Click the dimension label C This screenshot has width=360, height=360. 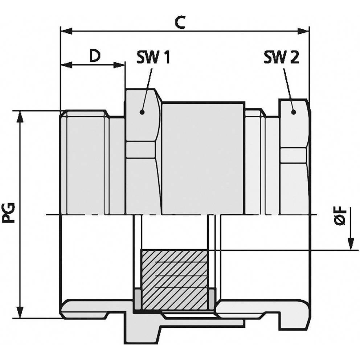(x=180, y=22)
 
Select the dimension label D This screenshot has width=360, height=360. (x=95, y=56)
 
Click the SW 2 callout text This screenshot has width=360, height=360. (x=282, y=57)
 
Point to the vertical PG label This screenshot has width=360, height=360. (x=8, y=213)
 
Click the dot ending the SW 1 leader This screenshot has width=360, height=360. (x=142, y=112)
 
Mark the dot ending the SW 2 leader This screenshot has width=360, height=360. (x=293, y=112)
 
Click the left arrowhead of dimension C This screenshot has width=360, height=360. (x=66, y=31)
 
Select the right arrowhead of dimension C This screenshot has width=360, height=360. (x=303, y=31)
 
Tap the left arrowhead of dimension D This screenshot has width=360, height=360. (x=66, y=65)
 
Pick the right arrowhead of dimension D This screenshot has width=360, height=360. (x=119, y=65)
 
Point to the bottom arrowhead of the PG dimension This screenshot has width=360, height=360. (x=20, y=312)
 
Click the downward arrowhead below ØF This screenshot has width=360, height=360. (x=351, y=244)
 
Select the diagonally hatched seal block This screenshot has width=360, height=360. (x=175, y=279)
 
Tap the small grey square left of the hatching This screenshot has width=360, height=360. (x=138, y=299)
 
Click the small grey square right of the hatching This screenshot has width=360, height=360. (x=212, y=299)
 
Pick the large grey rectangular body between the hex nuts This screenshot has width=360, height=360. (x=203, y=159)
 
